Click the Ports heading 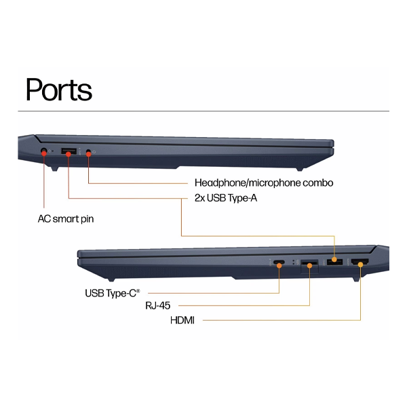[x=59, y=90]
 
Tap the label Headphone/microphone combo [x=264, y=183]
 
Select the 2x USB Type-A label [x=226, y=198]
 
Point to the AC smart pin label [x=66, y=219]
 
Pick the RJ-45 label [x=158, y=305]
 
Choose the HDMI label [x=182, y=320]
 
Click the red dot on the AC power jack [x=44, y=154]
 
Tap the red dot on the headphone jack [x=88, y=154]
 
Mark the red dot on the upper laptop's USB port [x=69, y=154]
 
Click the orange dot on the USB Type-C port [x=279, y=265]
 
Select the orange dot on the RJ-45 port [x=310, y=265]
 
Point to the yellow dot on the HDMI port [x=361, y=265]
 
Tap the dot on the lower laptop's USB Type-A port [x=334, y=259]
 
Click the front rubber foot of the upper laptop [x=300, y=169]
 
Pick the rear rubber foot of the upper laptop [x=54, y=169]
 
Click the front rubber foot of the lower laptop [x=111, y=279]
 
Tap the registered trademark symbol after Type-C [x=138, y=291]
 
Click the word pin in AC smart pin [x=88, y=220]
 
